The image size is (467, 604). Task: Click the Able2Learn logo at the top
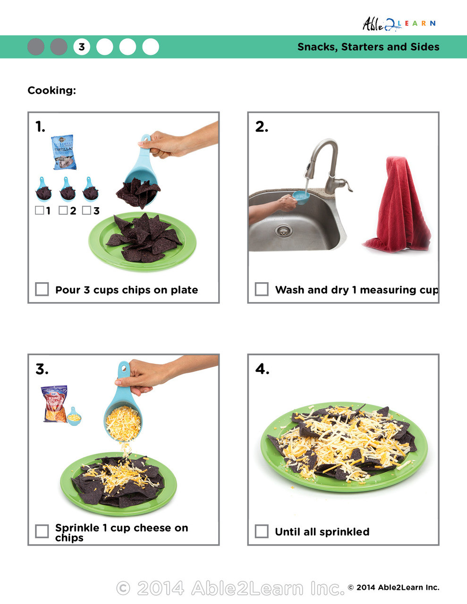point(399,24)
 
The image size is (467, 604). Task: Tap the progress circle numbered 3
point(82,47)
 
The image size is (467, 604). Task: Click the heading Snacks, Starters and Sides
point(368,47)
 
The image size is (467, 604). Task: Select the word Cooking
point(51,90)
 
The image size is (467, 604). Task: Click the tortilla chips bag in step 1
point(64,152)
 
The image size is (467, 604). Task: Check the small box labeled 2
point(63,210)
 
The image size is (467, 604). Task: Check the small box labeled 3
point(86,210)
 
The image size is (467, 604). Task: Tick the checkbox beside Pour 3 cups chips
point(42,289)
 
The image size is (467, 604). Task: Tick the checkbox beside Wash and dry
point(262,289)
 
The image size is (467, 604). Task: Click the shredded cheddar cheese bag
point(54,403)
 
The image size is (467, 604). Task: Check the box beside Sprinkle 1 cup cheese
point(42,531)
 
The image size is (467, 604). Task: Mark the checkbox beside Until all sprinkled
point(262,531)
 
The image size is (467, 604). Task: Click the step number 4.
point(262,369)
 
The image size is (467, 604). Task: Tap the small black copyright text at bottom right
point(394,587)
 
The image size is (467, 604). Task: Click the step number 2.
point(262,127)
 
